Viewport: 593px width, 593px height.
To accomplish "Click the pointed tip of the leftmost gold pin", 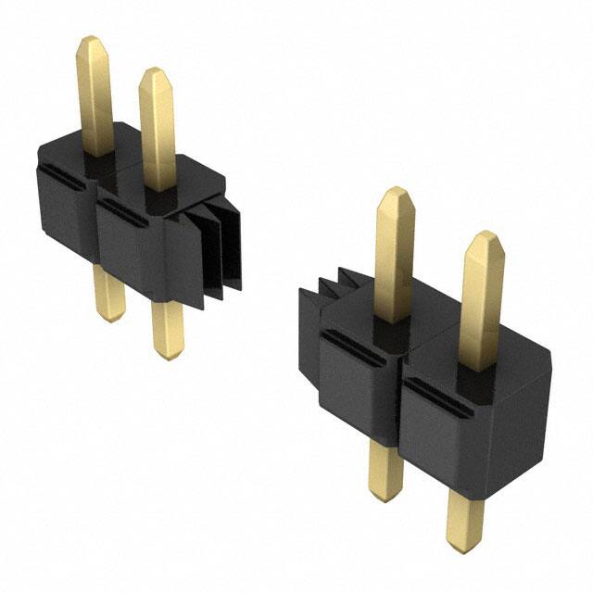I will click(x=90, y=41).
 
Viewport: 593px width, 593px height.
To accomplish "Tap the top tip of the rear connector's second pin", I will click(x=154, y=72).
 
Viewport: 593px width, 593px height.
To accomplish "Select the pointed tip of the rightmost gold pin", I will click(x=484, y=237).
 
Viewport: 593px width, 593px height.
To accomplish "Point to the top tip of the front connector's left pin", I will click(x=394, y=192).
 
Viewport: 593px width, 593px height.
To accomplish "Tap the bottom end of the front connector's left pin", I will click(x=385, y=496).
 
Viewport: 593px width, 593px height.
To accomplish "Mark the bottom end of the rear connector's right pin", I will click(x=168, y=354).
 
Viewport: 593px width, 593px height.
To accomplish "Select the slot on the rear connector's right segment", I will click(x=124, y=214).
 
